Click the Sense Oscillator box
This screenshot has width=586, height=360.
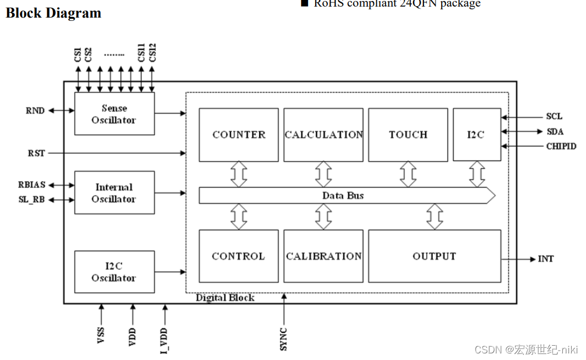click(114, 114)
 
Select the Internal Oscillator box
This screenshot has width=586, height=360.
click(114, 193)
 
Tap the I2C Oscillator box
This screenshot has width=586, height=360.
click(114, 272)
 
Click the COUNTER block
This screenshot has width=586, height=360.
click(238, 135)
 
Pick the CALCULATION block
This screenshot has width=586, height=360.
click(323, 135)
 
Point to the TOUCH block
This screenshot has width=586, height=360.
click(408, 135)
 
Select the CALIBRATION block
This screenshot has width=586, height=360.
click(323, 256)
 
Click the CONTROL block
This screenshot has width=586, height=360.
click(238, 256)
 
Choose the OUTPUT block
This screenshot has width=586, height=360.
click(434, 256)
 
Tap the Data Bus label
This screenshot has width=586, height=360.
click(343, 196)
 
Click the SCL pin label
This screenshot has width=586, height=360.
click(554, 117)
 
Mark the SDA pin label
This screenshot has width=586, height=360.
click(555, 132)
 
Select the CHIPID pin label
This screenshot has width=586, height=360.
click(561, 147)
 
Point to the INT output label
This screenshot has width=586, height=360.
click(545, 259)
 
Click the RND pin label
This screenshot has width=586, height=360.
click(35, 110)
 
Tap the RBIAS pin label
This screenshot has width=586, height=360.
click(31, 185)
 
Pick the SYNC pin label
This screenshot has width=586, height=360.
click(283, 339)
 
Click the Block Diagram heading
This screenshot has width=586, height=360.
click(53, 13)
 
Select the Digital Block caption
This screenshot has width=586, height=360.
click(225, 298)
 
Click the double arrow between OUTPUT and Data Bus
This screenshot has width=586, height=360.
click(434, 217)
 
